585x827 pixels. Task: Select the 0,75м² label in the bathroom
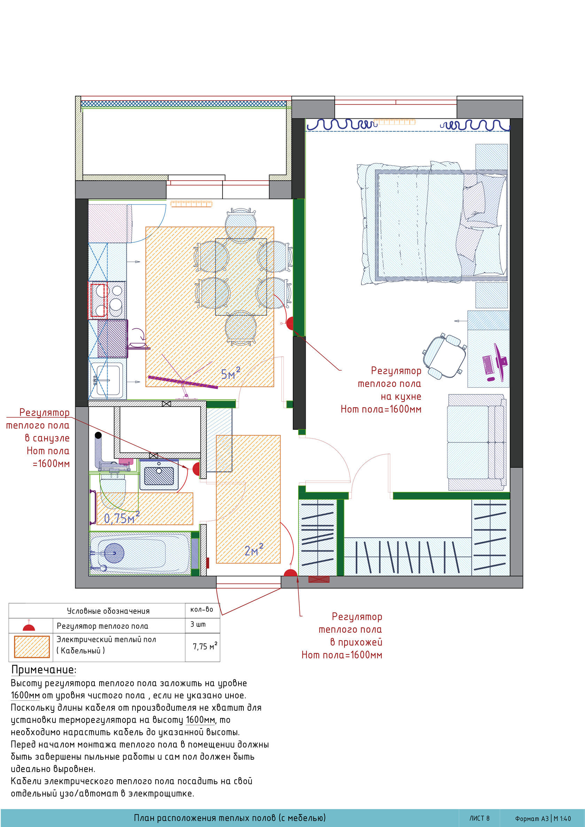(x=122, y=517)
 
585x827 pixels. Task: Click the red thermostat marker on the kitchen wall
(x=290, y=323)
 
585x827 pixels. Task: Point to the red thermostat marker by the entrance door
(x=290, y=573)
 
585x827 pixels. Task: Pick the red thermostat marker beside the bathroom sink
(x=196, y=469)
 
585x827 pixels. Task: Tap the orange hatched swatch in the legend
(x=32, y=647)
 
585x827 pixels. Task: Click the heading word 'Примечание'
(x=43, y=670)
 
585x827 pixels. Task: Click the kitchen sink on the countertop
(x=107, y=380)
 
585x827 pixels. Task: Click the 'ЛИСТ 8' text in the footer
(x=479, y=818)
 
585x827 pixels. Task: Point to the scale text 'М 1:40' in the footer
(x=563, y=819)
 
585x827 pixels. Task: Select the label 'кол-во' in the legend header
(x=202, y=609)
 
